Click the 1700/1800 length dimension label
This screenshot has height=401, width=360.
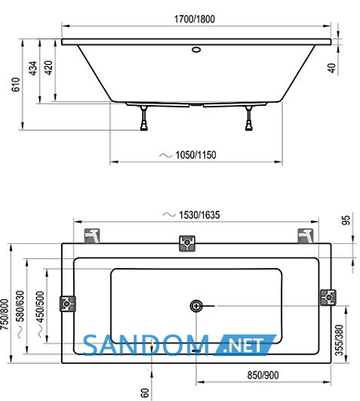[x=195, y=19]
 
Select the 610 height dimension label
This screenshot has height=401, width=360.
[x=16, y=84]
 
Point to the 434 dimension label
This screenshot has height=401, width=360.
[x=33, y=68]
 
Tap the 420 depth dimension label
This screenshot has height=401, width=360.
[x=48, y=67]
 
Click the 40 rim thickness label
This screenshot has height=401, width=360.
[x=331, y=68]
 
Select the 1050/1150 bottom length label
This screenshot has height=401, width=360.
[x=196, y=155]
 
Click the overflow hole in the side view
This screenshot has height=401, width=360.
[x=196, y=50]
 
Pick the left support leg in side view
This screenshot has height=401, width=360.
[x=144, y=118]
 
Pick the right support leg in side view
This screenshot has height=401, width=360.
[x=249, y=118]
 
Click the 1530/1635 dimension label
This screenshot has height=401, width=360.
[x=200, y=215]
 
